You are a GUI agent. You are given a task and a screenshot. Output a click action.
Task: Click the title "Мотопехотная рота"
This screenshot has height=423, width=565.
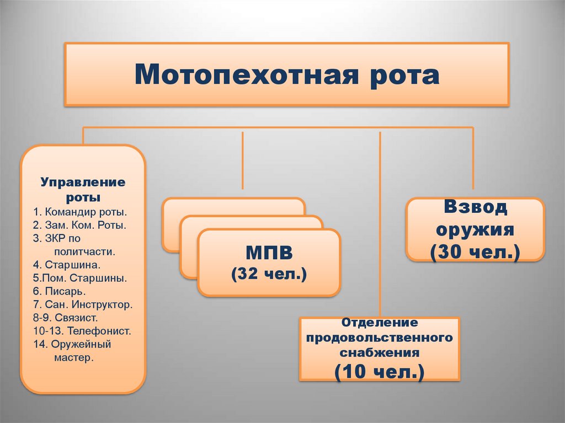pyautogui.click(x=286, y=74)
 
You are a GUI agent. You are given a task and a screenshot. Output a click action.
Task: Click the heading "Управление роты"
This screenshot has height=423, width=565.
pyautogui.click(x=82, y=189)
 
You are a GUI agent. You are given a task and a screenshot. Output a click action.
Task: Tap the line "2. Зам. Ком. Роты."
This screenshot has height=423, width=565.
pyautogui.click(x=80, y=224)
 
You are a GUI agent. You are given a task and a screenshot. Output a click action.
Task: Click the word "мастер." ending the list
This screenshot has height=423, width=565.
pyautogui.click(x=74, y=357)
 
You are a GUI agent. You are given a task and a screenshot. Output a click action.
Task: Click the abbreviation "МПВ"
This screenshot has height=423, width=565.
pyautogui.click(x=269, y=254)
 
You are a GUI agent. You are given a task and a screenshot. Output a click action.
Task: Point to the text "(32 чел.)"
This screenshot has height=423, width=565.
pyautogui.click(x=269, y=274)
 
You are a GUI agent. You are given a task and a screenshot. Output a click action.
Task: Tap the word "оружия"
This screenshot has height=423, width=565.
pyautogui.click(x=475, y=229)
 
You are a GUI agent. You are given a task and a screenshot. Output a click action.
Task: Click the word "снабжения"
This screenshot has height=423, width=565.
pyautogui.click(x=380, y=351)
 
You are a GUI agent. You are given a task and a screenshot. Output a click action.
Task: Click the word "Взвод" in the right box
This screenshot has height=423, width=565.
pyautogui.click(x=475, y=208)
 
